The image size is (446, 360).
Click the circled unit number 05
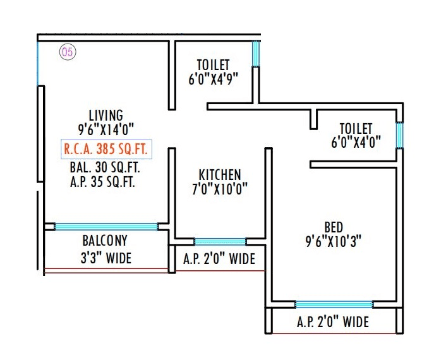pyautogui.click(x=67, y=52)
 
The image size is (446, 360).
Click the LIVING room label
pyautogui.click(x=105, y=115)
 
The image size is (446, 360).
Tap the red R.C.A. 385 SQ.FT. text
pyautogui.click(x=105, y=150)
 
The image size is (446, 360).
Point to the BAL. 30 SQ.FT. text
pyautogui.click(x=105, y=169)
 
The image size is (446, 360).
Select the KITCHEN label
pyautogui.click(x=219, y=174)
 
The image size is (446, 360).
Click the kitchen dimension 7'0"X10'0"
pyautogui.click(x=219, y=188)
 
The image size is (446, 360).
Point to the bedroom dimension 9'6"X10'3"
pyautogui.click(x=333, y=241)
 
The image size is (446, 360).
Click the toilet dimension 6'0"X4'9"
pyautogui.click(x=213, y=79)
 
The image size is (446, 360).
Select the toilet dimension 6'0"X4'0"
pyautogui.click(x=356, y=142)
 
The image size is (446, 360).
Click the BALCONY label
pyautogui.click(x=105, y=241)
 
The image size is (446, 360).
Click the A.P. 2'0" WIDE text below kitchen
pyautogui.click(x=219, y=259)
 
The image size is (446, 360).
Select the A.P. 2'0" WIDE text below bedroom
pyautogui.click(x=333, y=322)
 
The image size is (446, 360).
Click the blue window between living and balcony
pyautogui.click(x=105, y=226)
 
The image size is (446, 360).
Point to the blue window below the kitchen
pyautogui.click(x=220, y=241)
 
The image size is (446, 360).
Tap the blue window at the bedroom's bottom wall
pyautogui.click(x=334, y=304)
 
